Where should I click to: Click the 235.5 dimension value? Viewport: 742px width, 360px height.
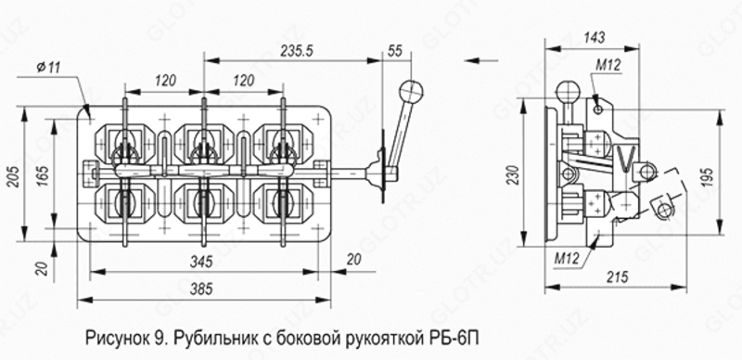pos(297,51)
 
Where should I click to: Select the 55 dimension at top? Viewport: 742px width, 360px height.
pos(395,51)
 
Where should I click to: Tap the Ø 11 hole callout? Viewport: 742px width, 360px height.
pos(48,67)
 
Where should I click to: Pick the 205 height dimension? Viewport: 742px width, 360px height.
pos(14,176)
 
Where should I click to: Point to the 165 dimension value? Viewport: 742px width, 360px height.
pos(43,174)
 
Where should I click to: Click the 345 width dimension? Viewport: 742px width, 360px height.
pos(201,261)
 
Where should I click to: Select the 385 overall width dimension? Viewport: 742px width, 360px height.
pos(201,289)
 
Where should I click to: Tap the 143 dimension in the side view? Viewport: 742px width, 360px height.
pos(595,37)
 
